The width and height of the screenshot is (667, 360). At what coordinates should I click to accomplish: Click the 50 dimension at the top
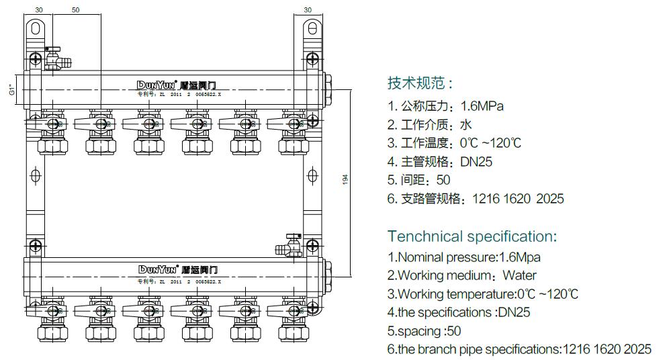[75, 10]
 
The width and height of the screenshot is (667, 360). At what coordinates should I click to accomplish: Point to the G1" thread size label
[12, 89]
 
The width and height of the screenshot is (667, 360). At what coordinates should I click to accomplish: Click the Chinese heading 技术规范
[420, 83]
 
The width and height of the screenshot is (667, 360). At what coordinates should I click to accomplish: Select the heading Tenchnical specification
[472, 236]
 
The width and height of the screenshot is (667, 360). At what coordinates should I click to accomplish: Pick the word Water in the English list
[519, 275]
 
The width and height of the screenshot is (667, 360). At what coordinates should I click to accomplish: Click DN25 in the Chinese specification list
[477, 162]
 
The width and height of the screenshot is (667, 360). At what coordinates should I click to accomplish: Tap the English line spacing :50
[424, 331]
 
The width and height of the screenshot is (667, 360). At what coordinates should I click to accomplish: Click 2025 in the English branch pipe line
[637, 349]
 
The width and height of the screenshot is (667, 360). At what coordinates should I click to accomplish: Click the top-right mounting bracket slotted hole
[312, 28]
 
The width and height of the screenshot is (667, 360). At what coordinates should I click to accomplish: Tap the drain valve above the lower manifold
[290, 246]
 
